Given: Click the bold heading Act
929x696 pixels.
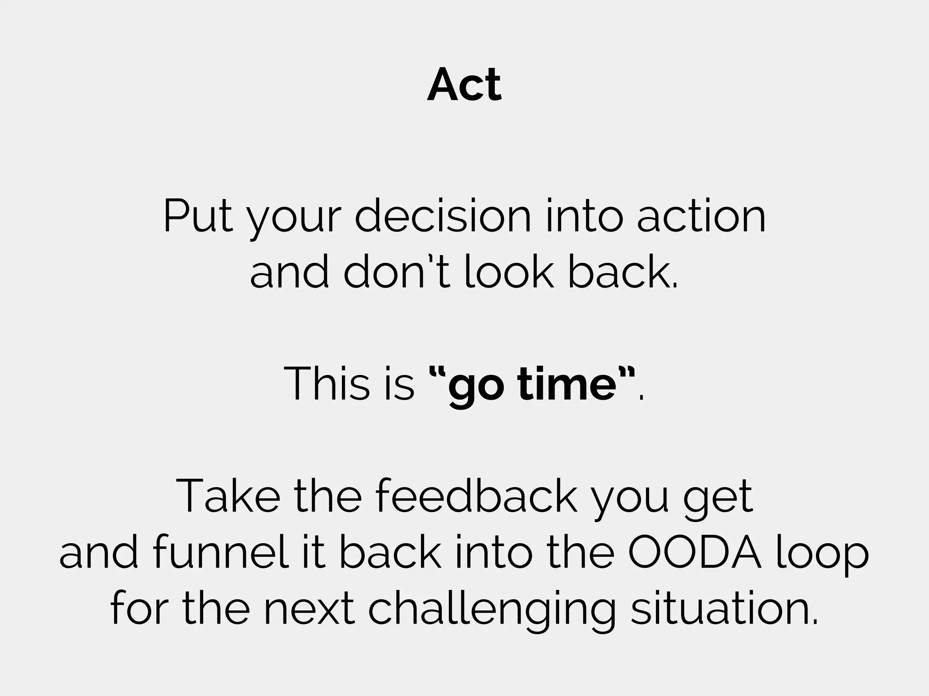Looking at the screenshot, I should pos(464,85).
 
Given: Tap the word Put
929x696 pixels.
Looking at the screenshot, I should pos(198,217).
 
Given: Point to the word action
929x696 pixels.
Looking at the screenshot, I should pos(701,217).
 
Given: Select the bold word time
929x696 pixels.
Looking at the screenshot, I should pos(567,383).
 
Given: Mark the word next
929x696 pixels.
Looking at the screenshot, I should pos(309,609).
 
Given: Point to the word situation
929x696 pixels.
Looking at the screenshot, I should pos(724,609).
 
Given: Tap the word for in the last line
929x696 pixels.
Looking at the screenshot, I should pos(137,609).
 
